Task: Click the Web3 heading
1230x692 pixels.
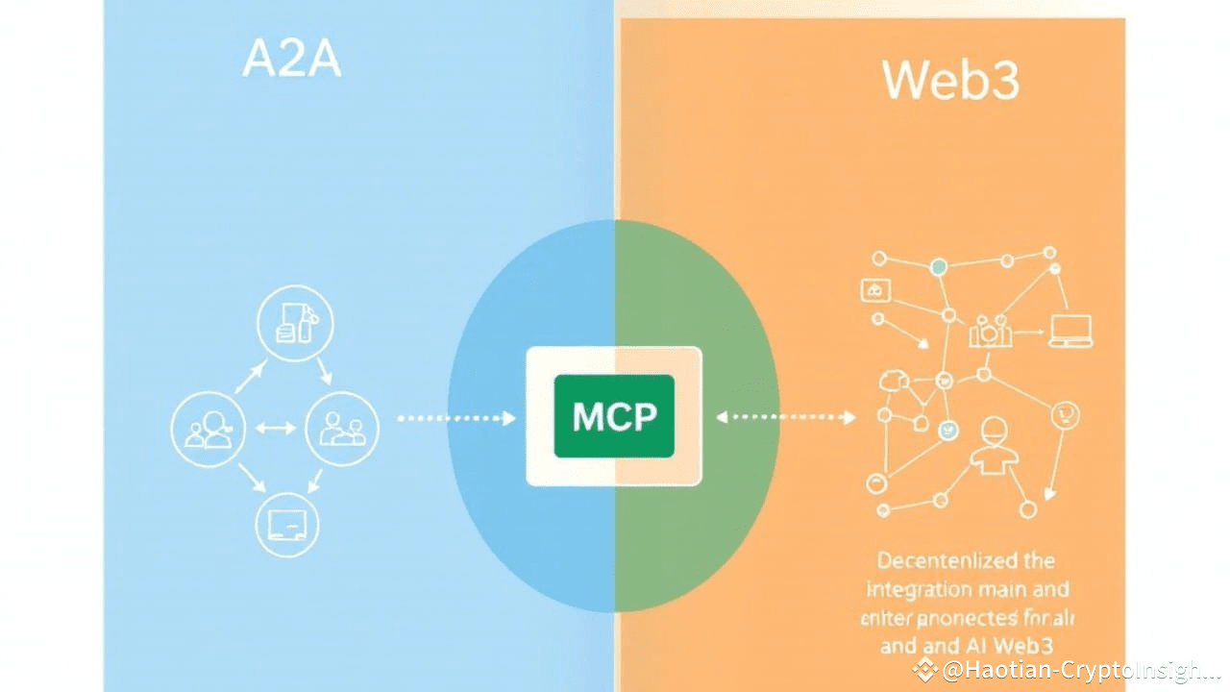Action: [x=950, y=82]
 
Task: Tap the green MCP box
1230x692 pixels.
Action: [x=614, y=416]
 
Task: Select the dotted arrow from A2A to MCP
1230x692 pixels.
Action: [x=456, y=418]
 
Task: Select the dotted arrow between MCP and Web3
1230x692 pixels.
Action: [x=786, y=417]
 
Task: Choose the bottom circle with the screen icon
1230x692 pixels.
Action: [x=286, y=524]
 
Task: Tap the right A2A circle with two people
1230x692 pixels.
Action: [x=342, y=428]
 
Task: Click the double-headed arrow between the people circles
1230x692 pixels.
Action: [x=276, y=427]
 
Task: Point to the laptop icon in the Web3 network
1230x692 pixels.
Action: [x=1071, y=331]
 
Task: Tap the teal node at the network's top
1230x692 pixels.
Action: [x=939, y=266]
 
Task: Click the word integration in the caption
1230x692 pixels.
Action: [x=920, y=588]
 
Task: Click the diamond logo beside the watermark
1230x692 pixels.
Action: [x=924, y=669]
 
